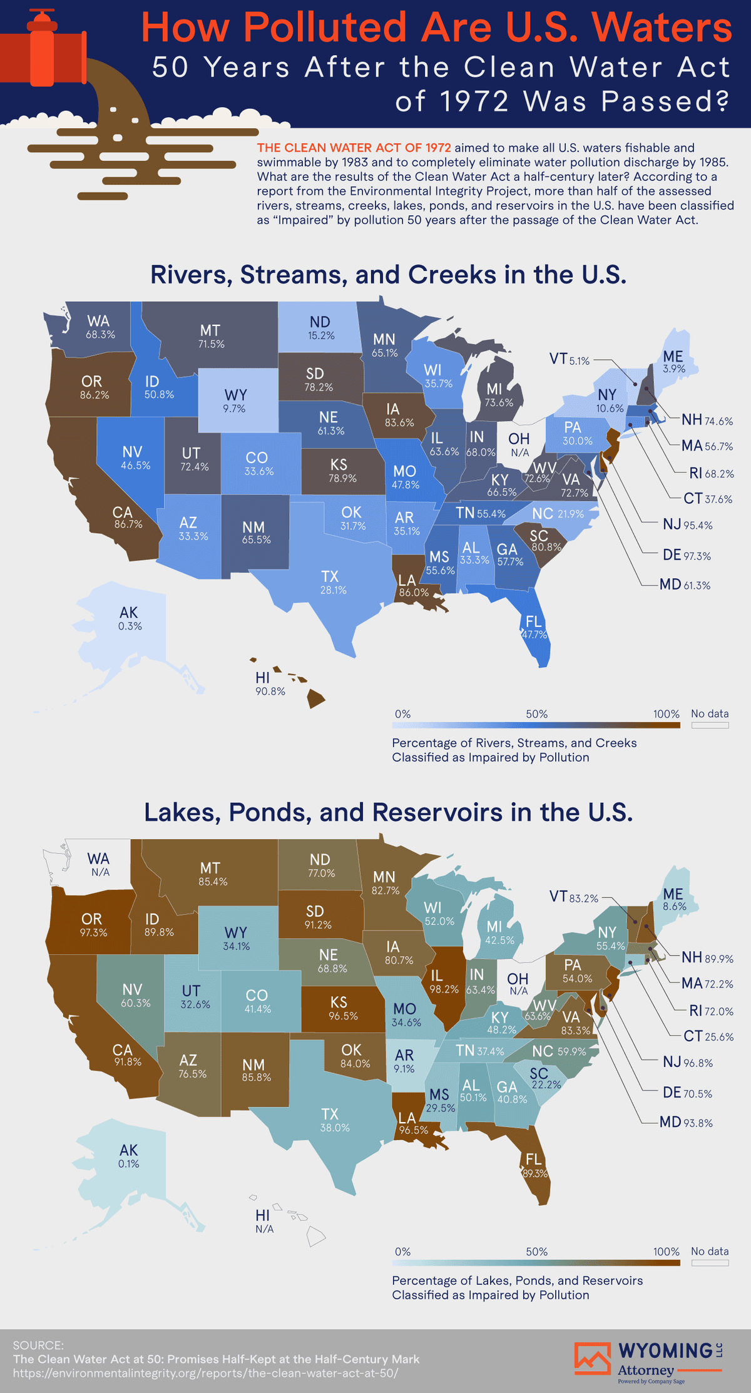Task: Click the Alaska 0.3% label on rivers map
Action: pyautogui.click(x=130, y=619)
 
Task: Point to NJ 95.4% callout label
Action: pyautogui.click(x=687, y=524)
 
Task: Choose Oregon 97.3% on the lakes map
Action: pyautogui.click(x=93, y=925)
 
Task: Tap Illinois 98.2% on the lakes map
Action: pyautogui.click(x=443, y=982)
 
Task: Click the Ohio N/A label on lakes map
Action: pyautogui.click(x=518, y=984)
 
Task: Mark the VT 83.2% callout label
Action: pyautogui.click(x=573, y=897)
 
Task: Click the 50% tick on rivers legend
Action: pyautogui.click(x=536, y=714)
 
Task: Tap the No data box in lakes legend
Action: pyautogui.click(x=710, y=1263)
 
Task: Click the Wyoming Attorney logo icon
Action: pyautogui.click(x=592, y=1359)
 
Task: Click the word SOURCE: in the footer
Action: pyautogui.click(x=38, y=1345)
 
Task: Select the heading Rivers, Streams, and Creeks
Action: pyautogui.click(x=388, y=275)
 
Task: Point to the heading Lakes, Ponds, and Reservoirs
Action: pyautogui.click(x=388, y=812)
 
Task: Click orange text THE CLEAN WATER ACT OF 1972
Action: pyautogui.click(x=354, y=148)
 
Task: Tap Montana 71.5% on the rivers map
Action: pyautogui.click(x=211, y=337)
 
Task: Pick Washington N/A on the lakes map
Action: pyautogui.click(x=99, y=864)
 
